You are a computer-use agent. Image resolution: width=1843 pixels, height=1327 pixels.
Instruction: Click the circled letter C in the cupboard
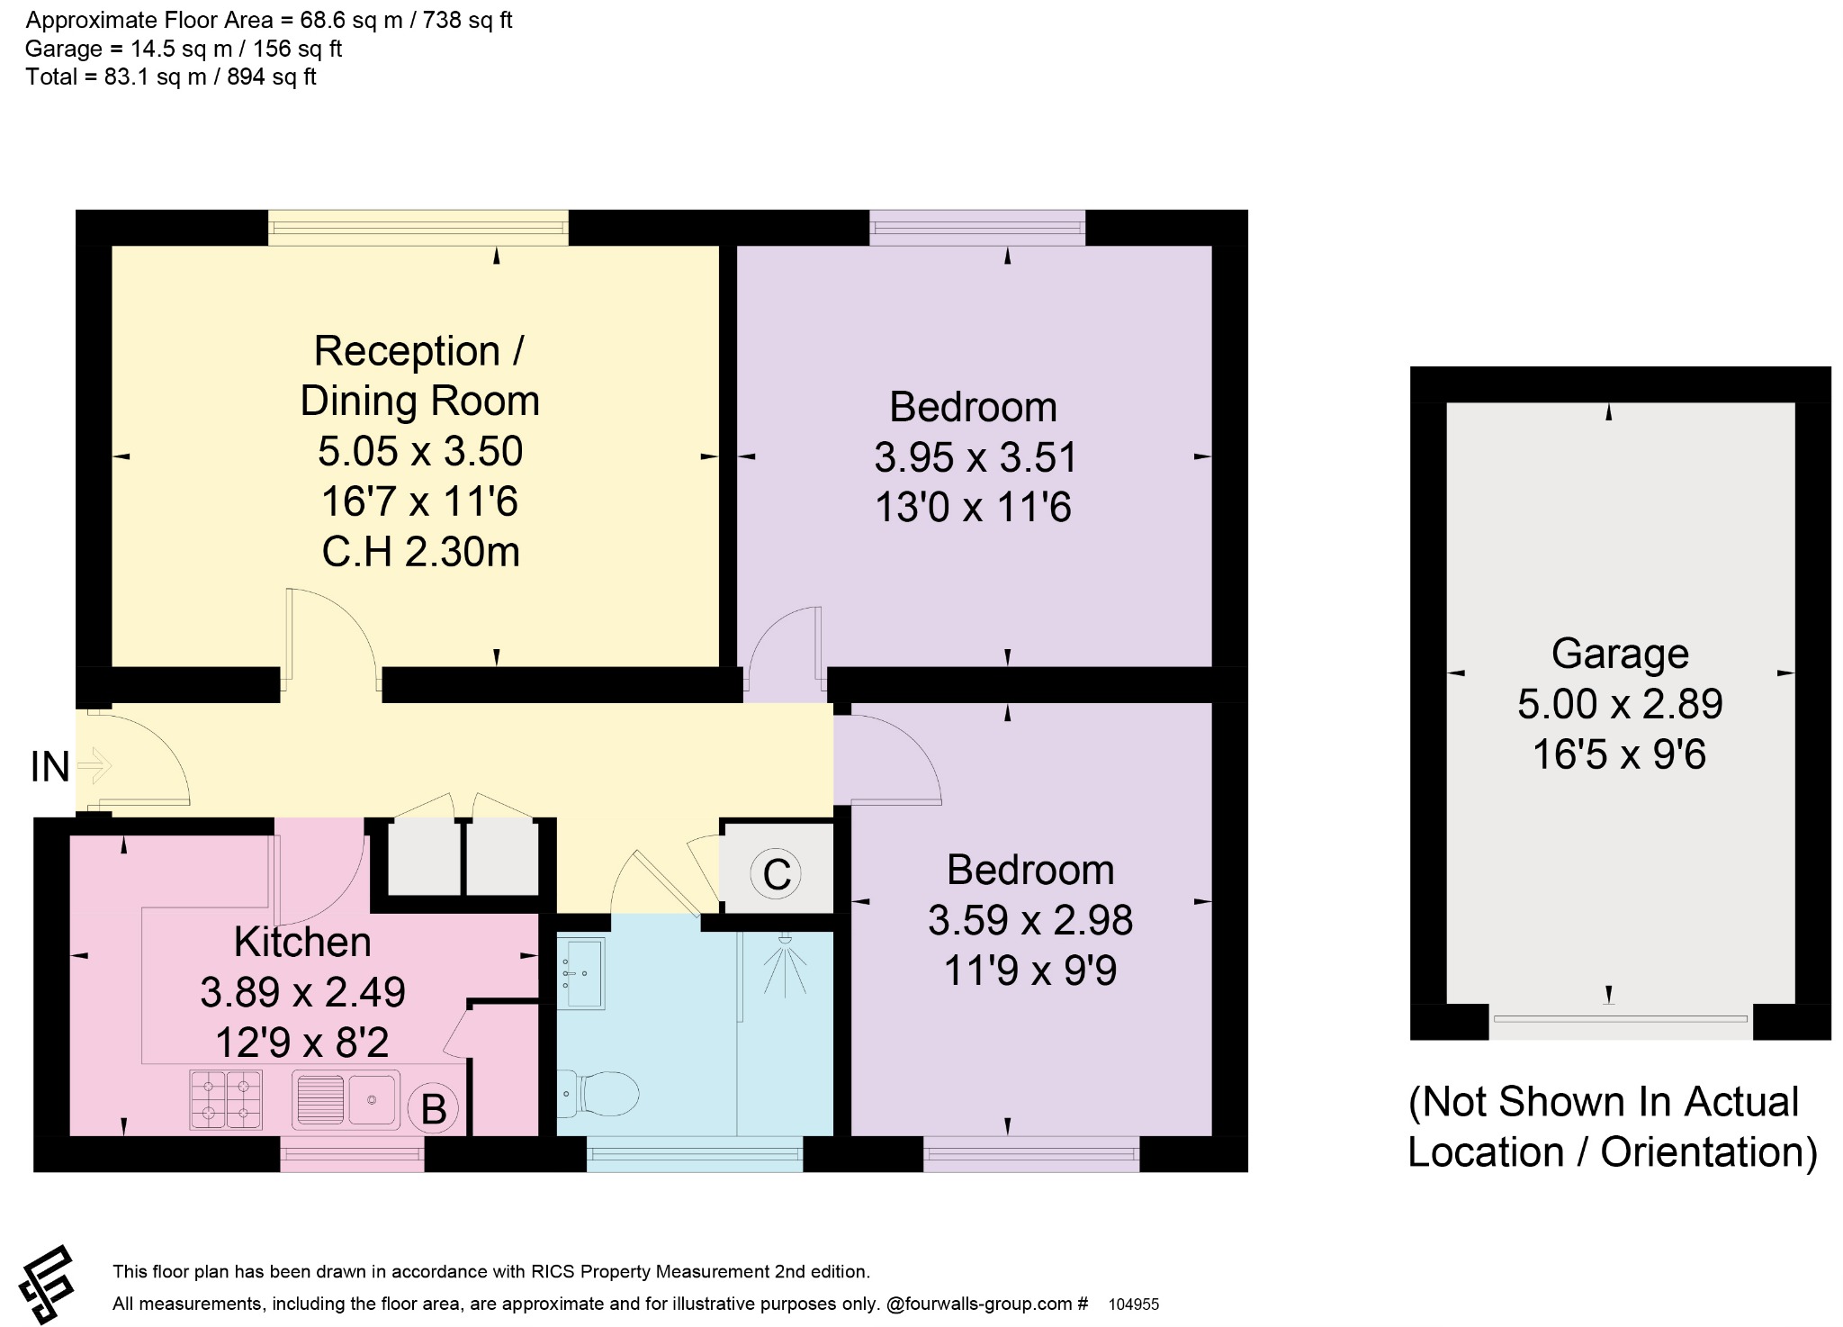777,873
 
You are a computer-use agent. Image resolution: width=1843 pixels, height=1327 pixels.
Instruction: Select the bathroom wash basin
580,973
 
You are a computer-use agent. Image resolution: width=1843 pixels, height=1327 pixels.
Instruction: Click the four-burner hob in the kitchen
226,1098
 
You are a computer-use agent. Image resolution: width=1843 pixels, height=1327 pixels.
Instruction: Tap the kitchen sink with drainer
346,1098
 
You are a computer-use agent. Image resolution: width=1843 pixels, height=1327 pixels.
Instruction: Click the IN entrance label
50,767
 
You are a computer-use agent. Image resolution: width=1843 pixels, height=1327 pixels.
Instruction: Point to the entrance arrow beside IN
94,767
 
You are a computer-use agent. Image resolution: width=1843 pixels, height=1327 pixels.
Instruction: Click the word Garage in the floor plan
1620,654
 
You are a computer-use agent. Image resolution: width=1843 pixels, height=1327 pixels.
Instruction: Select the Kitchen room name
302,942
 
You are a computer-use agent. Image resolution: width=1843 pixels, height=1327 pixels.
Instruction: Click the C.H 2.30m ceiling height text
421,552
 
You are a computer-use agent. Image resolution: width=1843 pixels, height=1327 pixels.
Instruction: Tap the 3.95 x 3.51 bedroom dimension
975,457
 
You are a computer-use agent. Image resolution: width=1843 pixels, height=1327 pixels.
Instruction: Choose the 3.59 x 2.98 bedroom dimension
1030,920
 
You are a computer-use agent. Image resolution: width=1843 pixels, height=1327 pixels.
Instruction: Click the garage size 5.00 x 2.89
1620,704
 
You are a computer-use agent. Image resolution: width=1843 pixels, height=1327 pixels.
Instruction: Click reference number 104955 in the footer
1134,1304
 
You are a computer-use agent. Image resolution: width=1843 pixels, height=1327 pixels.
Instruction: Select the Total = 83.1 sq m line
171,77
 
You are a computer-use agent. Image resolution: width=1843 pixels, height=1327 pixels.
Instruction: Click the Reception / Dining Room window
418,228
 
